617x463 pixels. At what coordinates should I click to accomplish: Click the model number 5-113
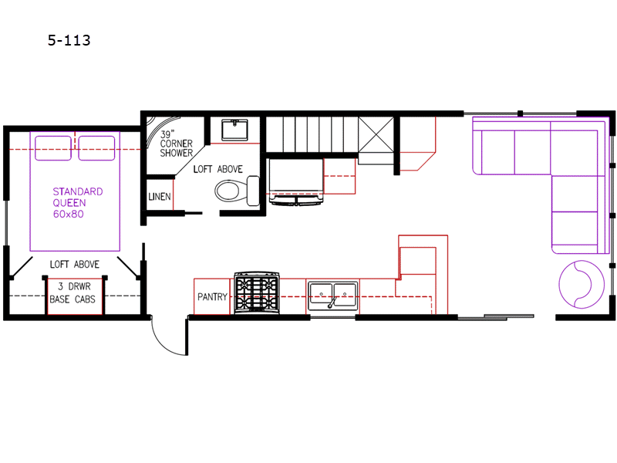click(x=69, y=40)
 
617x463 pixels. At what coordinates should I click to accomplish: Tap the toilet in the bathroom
click(x=237, y=191)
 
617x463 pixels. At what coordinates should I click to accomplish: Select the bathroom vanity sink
click(x=234, y=130)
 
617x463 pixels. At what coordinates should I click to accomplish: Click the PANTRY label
click(x=213, y=296)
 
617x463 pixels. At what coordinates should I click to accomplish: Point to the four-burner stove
click(x=257, y=293)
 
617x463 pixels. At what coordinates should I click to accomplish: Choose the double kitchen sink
click(x=333, y=296)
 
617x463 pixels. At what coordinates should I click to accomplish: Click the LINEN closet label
click(x=160, y=196)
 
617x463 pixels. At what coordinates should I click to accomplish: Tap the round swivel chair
click(x=582, y=284)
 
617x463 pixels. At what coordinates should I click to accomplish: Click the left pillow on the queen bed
click(x=53, y=148)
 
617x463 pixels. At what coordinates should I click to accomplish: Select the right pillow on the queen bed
click(x=97, y=148)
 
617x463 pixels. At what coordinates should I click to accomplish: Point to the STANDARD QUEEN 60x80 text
click(x=78, y=203)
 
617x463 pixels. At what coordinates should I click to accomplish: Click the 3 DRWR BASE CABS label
click(x=72, y=293)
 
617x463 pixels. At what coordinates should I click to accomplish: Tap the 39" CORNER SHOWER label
click(x=176, y=144)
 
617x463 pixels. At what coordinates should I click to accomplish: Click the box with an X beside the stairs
click(x=376, y=134)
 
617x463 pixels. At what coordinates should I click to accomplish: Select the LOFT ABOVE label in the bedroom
click(x=74, y=264)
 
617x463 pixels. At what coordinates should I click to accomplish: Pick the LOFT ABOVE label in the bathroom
click(x=218, y=169)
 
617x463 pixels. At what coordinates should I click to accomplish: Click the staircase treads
click(x=312, y=134)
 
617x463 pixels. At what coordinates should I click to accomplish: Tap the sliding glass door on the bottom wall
click(x=496, y=316)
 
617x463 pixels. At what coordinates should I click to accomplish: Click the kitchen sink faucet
click(x=332, y=302)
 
